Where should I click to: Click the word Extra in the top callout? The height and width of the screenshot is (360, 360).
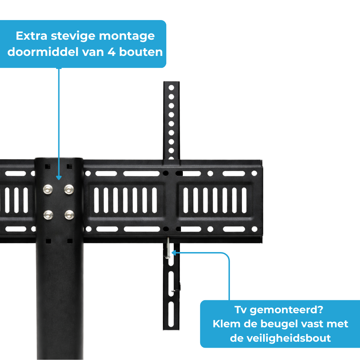[x=32, y=36]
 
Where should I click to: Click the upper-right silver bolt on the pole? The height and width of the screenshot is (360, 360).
[x=69, y=190]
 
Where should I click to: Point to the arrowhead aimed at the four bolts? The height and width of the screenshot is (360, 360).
[x=58, y=177]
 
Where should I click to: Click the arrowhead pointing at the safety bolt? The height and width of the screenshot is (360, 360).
[x=174, y=252]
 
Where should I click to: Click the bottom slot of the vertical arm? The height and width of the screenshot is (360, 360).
[x=171, y=314]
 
